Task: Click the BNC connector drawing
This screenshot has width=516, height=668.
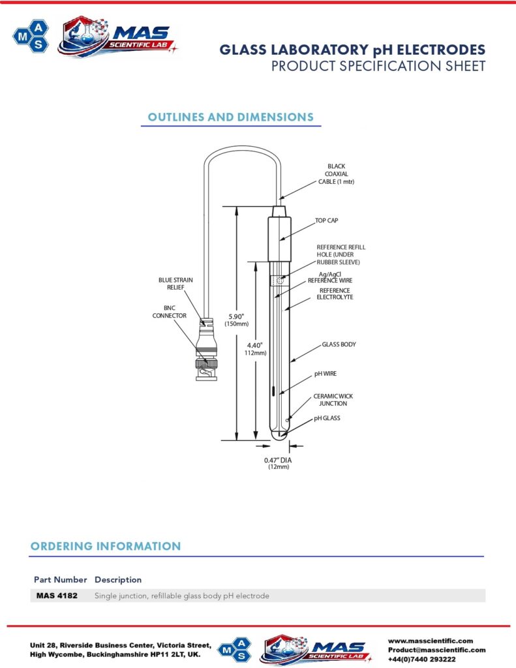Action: [206, 350]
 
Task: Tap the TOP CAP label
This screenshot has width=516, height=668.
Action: [326, 220]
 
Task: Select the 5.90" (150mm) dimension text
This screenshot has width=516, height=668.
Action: [237, 320]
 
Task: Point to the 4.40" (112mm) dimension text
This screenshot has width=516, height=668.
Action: [255, 349]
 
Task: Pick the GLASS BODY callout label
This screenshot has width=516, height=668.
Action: [339, 344]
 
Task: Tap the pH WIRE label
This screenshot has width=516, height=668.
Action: [326, 374]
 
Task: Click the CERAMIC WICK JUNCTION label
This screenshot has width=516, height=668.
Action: [333, 400]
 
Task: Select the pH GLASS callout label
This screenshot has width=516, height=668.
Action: [327, 418]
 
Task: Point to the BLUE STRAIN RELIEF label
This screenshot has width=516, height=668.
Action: [175, 284]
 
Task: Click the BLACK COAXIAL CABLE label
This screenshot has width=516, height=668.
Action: [336, 174]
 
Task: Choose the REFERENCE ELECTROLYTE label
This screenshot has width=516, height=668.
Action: [335, 294]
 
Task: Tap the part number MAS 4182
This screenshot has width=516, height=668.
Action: [57, 596]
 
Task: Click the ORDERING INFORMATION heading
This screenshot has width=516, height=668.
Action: [106, 546]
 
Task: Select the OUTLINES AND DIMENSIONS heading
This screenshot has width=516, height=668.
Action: [230, 117]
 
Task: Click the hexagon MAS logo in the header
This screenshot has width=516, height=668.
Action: [31, 37]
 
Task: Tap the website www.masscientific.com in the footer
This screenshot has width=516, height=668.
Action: [431, 641]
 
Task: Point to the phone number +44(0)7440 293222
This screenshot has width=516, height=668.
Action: [422, 659]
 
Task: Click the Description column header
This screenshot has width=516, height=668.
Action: [118, 580]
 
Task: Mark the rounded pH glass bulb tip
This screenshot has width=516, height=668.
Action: [279, 436]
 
